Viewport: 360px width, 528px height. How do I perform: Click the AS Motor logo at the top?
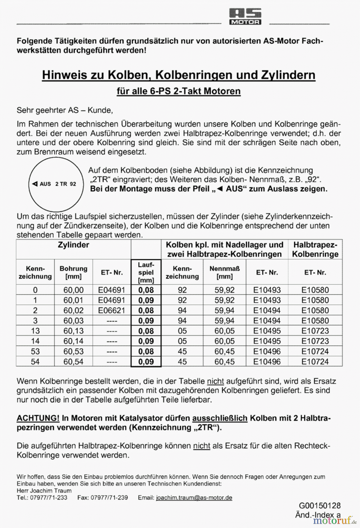coord(245,16)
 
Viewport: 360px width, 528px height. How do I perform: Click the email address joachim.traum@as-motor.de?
coord(194,498)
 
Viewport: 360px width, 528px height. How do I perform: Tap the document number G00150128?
coord(320,505)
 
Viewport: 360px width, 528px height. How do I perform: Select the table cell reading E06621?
coord(111,310)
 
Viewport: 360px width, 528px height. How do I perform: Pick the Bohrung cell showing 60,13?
coord(73,331)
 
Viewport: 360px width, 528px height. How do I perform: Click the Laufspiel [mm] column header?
coord(146,272)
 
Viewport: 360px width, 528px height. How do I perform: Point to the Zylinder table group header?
coord(73,245)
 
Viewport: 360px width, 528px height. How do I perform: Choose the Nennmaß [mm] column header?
coord(225,272)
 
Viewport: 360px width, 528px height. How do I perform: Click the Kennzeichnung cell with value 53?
coord(35,351)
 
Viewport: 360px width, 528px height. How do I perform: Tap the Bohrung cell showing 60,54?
coord(73,362)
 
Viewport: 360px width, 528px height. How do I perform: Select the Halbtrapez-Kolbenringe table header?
coord(315,249)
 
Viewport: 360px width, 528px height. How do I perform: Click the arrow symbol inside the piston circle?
coord(35,184)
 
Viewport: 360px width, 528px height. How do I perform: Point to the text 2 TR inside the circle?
coord(61,184)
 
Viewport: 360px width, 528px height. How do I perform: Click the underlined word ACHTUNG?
coord(38,418)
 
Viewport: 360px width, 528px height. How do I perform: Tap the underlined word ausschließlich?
coord(220,418)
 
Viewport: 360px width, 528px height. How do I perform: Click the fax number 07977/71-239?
coord(109,498)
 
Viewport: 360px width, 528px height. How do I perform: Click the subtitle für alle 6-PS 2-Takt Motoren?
coord(179,91)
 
